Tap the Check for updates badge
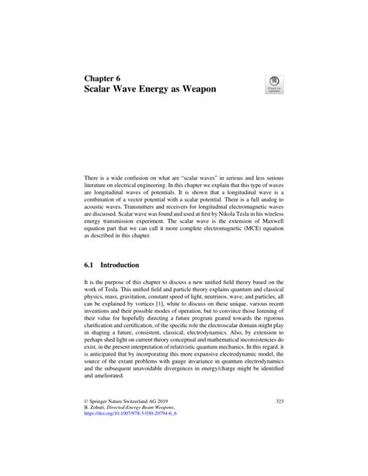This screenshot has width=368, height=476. point(276,84)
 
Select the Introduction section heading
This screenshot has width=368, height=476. point(126,263)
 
